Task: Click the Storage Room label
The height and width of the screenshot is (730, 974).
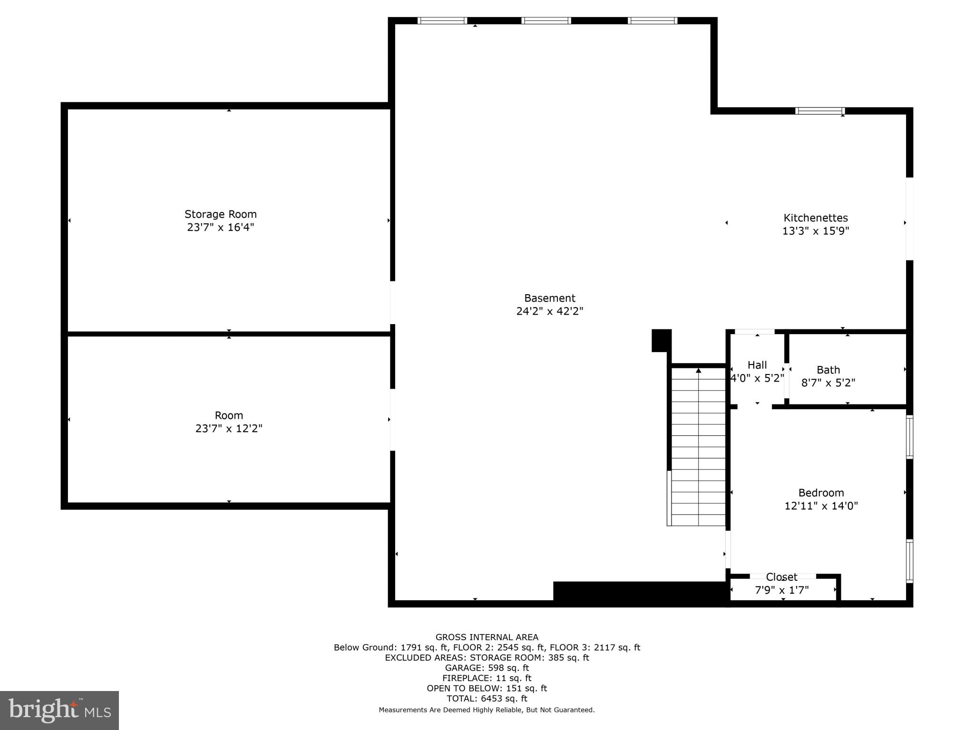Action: click(x=220, y=214)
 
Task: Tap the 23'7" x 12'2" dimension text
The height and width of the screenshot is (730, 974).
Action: click(x=229, y=429)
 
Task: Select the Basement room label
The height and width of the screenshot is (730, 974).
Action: click(x=549, y=298)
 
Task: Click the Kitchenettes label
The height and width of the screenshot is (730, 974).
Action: click(x=815, y=218)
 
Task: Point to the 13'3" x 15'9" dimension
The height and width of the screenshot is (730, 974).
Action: click(x=815, y=231)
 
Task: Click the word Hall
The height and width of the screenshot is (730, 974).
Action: click(x=757, y=365)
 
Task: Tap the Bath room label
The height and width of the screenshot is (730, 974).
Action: click(x=828, y=370)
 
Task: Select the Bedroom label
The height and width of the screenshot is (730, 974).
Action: click(x=821, y=493)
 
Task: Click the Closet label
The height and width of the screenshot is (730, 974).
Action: click(x=781, y=577)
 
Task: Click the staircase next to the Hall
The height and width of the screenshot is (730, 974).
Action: click(x=698, y=447)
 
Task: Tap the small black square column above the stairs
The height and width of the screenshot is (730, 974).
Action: click(x=661, y=340)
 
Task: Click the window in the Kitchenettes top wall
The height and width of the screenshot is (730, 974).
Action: click(x=820, y=111)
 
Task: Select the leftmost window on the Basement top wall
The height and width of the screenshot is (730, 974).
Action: click(x=442, y=20)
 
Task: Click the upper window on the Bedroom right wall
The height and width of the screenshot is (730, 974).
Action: click(x=909, y=437)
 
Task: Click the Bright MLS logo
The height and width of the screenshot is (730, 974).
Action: click(x=59, y=710)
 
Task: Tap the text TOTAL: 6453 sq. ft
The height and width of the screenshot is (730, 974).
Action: click(x=487, y=699)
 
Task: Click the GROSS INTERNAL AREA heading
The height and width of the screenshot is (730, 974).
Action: click(x=487, y=637)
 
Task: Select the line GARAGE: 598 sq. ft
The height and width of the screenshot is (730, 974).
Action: click(x=487, y=668)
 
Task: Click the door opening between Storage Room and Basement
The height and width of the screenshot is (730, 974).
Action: click(x=392, y=303)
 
